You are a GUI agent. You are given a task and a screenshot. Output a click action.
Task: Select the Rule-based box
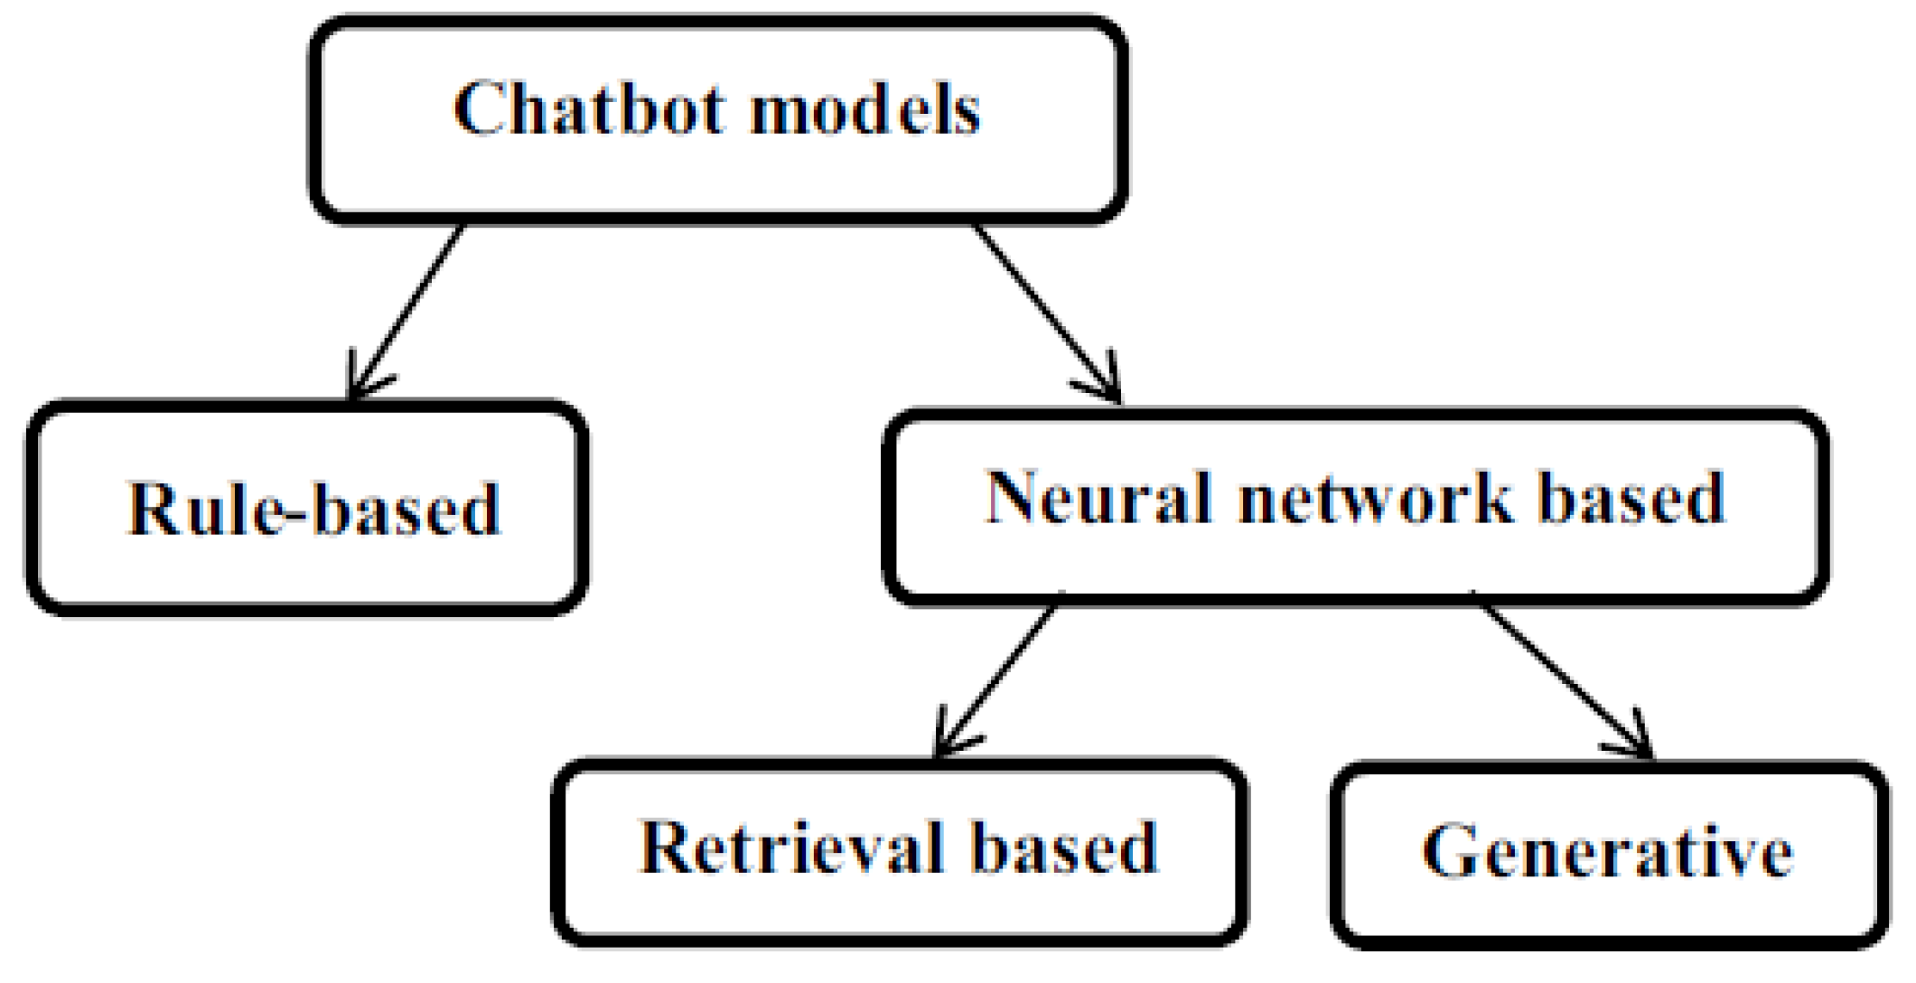307,508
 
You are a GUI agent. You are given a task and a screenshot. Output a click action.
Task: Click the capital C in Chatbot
478,108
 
